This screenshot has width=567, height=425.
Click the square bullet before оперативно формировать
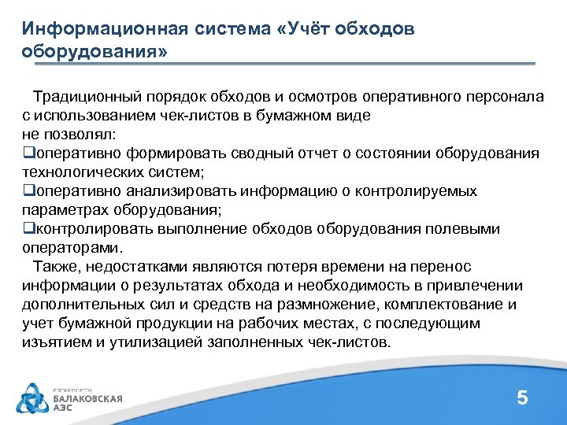(x=28, y=153)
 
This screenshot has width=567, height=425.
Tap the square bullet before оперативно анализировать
(x=28, y=191)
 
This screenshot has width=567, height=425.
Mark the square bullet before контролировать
(x=28, y=229)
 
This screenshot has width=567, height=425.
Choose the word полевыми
(x=465, y=229)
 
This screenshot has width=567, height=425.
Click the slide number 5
(x=522, y=398)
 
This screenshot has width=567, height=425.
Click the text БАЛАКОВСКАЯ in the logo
(x=87, y=398)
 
